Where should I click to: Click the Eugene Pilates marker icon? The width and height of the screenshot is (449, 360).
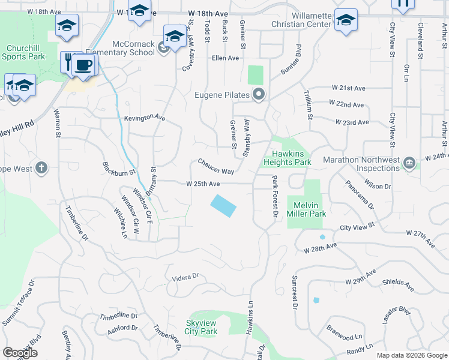[259, 94]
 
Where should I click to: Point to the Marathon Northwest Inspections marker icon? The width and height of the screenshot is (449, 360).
[410, 163]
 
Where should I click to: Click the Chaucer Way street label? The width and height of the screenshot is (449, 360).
[216, 167]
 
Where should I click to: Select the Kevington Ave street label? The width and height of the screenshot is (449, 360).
[144, 118]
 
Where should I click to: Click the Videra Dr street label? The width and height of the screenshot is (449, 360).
[185, 277]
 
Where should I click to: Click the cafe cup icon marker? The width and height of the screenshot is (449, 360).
[84, 64]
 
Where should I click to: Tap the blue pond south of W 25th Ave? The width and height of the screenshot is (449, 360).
[223, 206]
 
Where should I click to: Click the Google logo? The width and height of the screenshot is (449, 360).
[20, 353]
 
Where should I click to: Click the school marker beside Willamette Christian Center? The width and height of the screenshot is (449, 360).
[346, 20]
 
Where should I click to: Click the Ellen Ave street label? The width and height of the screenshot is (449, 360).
[225, 58]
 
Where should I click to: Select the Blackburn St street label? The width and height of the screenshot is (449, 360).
[119, 169]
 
